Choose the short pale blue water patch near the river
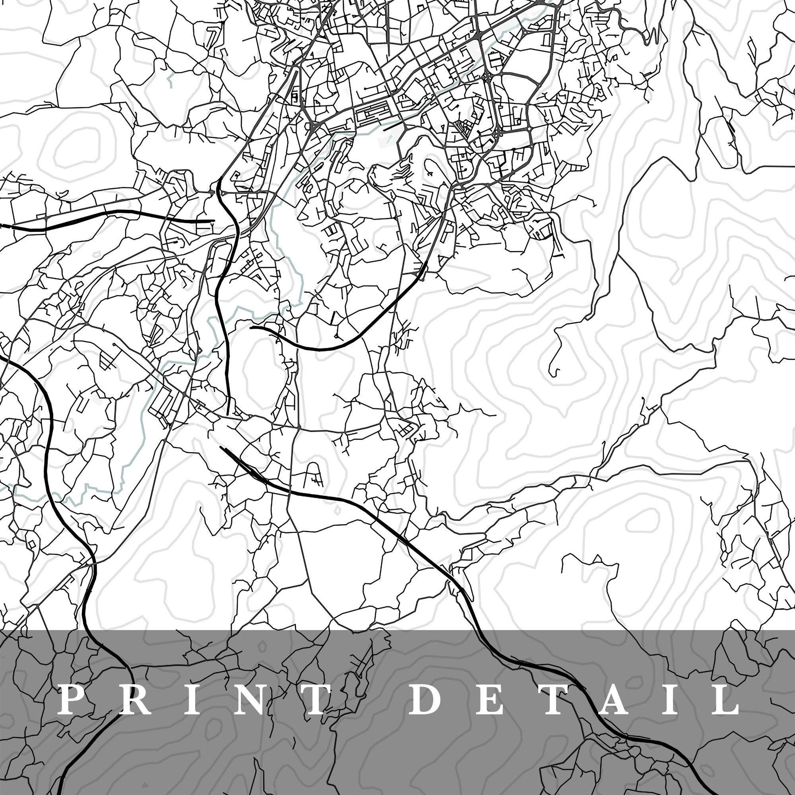click(x=170, y=80)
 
